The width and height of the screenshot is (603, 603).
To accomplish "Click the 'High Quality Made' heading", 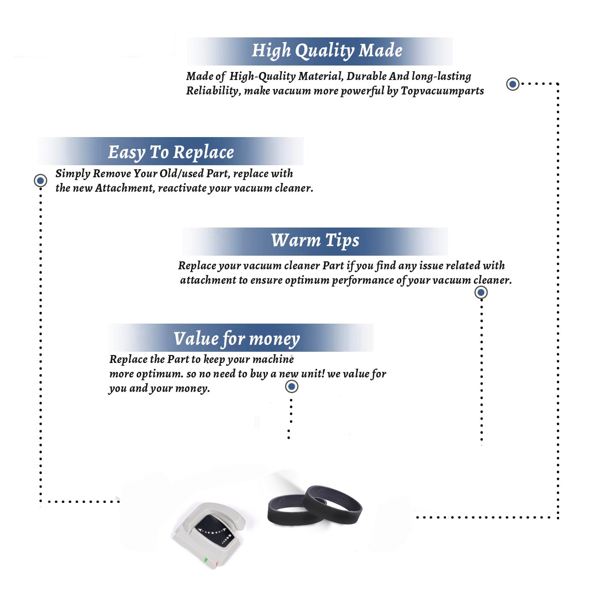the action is point(327,51).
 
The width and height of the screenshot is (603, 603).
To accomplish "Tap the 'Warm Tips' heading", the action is point(315,240).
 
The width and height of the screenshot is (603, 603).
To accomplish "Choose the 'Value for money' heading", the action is point(237,339).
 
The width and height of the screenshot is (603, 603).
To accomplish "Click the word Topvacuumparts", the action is point(442,91).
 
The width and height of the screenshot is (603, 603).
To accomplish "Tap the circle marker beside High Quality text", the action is point(513,84).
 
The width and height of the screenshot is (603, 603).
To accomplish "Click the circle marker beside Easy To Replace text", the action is point(40,180).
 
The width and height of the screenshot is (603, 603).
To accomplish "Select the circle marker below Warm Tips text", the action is point(481,292).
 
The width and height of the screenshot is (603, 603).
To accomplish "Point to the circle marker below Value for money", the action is point(291,387).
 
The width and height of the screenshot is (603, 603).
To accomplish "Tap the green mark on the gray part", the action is point(206,560).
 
